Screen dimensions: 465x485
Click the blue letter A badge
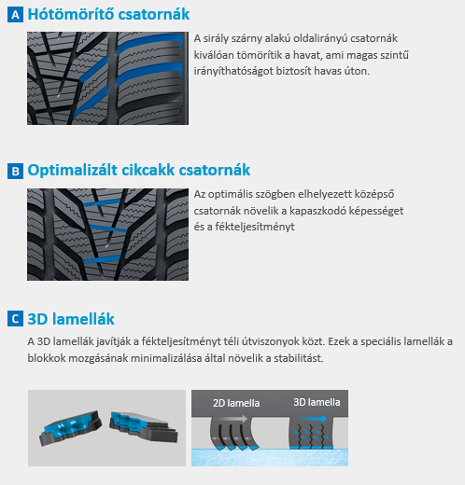point(15,15)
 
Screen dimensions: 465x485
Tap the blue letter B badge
point(15,171)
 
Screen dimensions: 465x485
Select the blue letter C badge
point(15,319)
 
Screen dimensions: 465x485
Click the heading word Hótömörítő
point(71,14)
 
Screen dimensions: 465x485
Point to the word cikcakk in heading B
point(148,170)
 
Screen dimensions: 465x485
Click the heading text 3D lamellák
point(71,319)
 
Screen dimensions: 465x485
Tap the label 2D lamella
point(236,403)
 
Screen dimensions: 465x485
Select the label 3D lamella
point(317,402)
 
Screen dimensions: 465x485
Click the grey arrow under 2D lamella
point(232,419)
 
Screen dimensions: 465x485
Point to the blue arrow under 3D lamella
point(311,419)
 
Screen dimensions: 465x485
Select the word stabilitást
point(299,358)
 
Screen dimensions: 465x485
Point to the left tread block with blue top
point(71,427)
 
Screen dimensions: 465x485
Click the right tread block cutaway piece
point(143,426)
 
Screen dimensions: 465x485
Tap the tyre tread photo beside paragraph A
point(107,78)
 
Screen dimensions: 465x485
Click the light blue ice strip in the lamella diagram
point(270,457)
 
